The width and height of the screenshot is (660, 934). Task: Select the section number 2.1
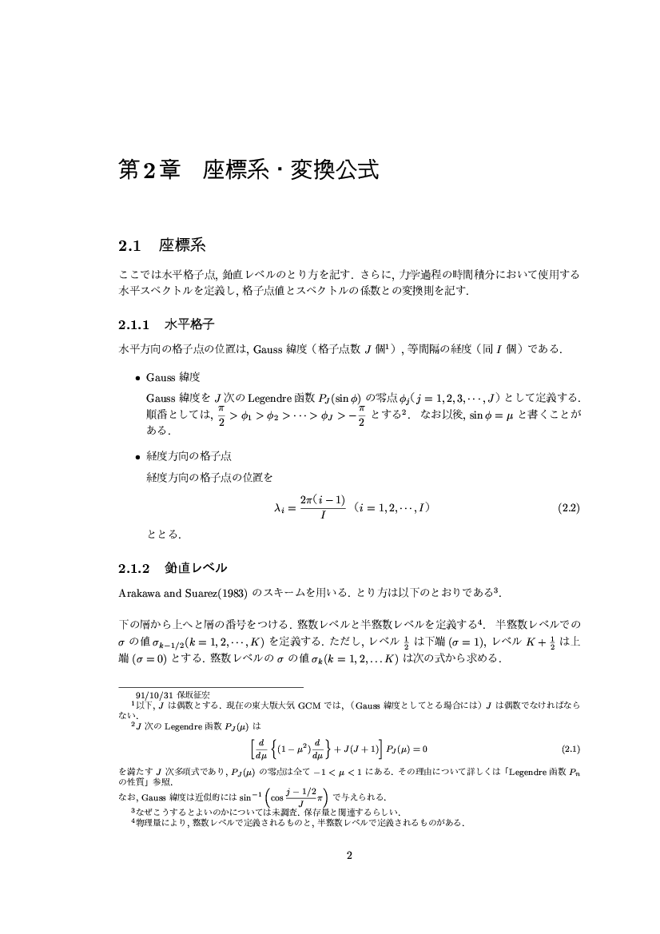pyautogui.click(x=129, y=244)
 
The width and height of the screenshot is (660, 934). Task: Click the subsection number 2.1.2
pyautogui.click(x=134, y=569)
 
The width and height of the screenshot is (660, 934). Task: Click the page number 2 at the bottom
pyautogui.click(x=348, y=856)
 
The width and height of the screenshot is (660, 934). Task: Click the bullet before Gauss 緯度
pyautogui.click(x=137, y=376)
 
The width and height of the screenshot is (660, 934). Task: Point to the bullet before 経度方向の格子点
pyautogui.click(x=137, y=456)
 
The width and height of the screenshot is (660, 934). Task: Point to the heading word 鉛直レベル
pyautogui.click(x=196, y=569)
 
